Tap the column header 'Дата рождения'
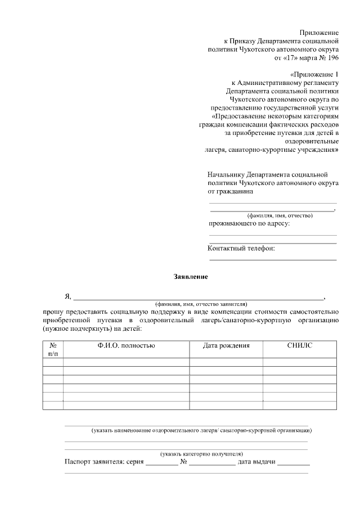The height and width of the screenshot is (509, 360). coord(226,345)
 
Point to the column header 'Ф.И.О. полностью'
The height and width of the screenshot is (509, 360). coord(125,345)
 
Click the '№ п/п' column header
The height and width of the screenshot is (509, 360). coord(52,349)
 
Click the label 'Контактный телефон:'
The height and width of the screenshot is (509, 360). coord(241,249)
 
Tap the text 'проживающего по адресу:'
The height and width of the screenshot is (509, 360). coord(249,224)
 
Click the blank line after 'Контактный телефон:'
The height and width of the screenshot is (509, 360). coord(273,259)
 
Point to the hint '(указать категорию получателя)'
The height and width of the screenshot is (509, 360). coord(201,453)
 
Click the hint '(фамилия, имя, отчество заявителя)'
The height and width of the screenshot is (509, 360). coord(201,303)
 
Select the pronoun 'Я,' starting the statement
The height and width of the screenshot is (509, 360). coord(68,296)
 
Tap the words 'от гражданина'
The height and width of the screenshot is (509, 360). coord(230,191)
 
